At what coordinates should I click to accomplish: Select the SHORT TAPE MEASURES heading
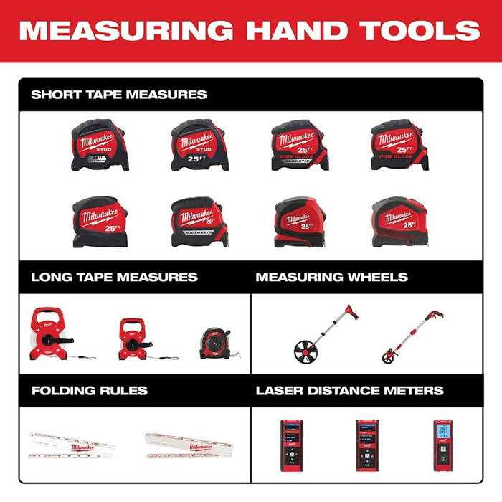point(119,94)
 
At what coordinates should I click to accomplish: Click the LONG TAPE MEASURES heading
point(114,277)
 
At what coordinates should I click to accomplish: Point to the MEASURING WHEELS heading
point(331,277)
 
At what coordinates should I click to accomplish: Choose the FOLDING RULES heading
point(89,391)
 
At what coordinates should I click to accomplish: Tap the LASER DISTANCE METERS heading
point(349,391)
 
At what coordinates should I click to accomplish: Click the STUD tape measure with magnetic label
point(100,145)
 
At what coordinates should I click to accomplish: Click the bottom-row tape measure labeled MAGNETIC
point(199,223)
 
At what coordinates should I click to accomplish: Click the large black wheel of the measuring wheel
point(308,351)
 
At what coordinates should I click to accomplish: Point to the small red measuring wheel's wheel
point(389,355)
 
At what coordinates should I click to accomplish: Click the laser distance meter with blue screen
point(442,445)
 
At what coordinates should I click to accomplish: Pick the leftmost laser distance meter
point(292,445)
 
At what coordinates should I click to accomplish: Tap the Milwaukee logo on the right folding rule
point(190,446)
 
